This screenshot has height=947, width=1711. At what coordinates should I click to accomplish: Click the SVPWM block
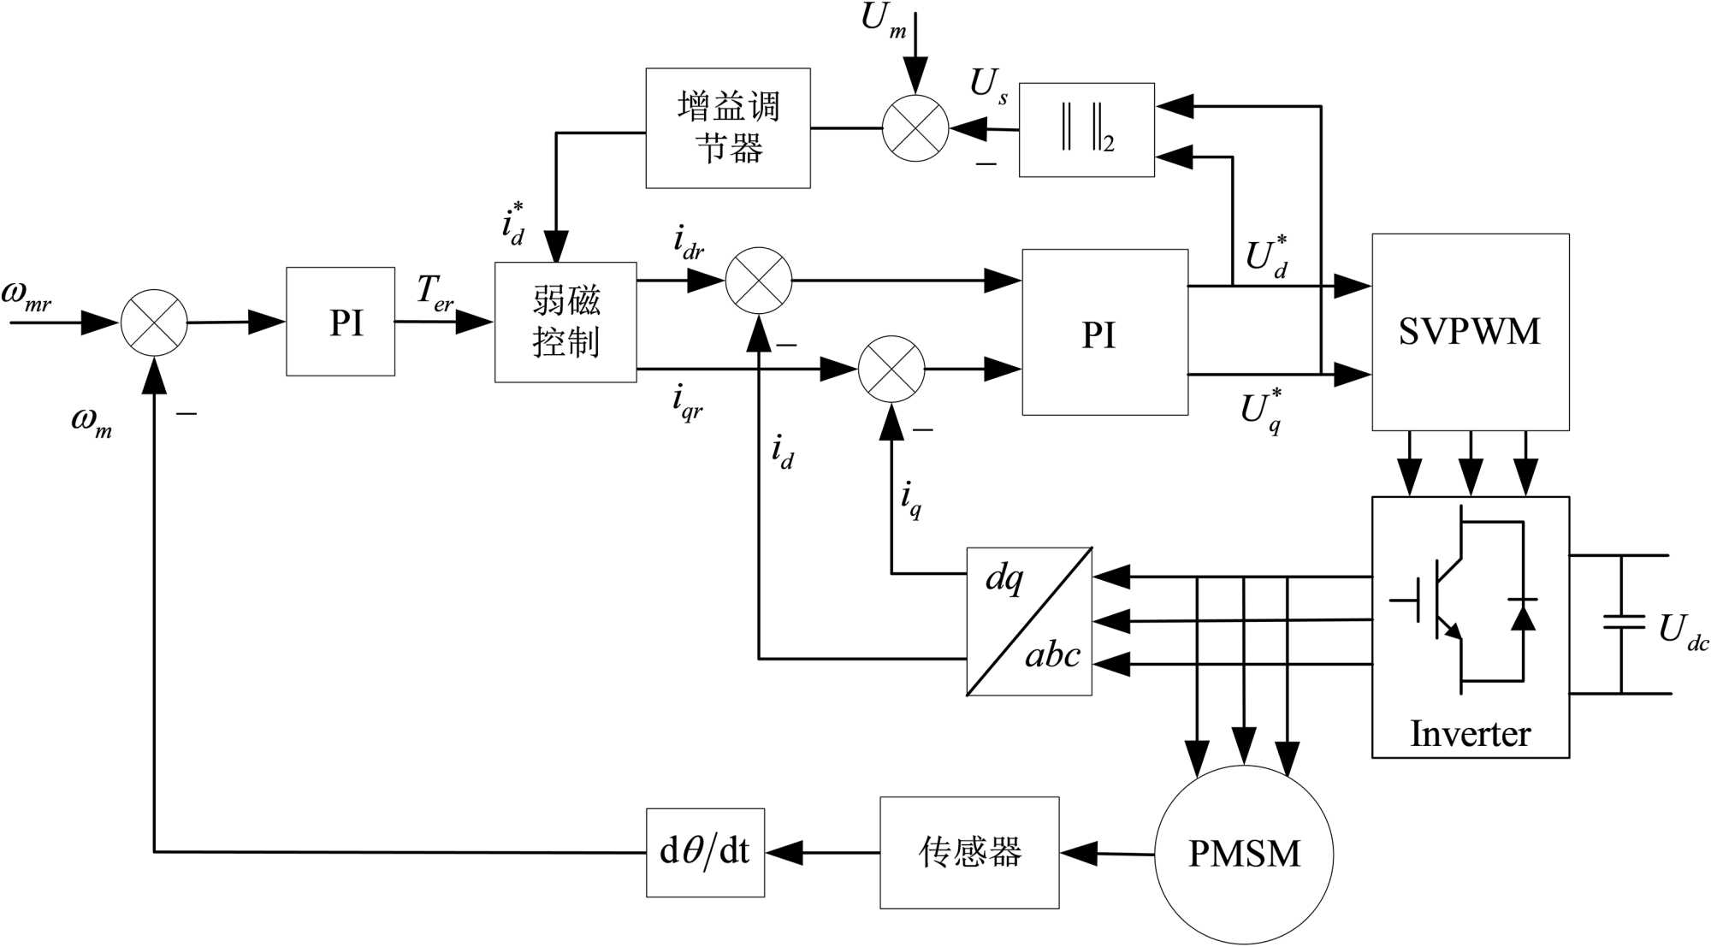1470,332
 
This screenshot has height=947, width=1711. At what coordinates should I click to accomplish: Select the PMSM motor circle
1243,854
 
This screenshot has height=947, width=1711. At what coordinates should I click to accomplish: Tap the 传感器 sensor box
969,852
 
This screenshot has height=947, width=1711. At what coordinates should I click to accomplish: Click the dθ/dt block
705,852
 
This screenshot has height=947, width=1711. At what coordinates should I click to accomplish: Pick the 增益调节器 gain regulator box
728,128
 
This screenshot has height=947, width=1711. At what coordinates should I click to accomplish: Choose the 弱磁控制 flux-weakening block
565,322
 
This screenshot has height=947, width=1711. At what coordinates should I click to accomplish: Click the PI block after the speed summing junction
340,322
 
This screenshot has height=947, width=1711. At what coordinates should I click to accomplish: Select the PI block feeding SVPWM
1104,333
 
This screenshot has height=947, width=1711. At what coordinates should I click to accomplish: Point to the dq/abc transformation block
1029,621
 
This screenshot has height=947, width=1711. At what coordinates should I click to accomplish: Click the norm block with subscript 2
1086,130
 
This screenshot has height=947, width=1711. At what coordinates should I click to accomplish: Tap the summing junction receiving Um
915,128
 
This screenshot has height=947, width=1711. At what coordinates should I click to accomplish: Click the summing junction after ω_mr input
154,323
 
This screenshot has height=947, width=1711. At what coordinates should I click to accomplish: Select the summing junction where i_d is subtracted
759,281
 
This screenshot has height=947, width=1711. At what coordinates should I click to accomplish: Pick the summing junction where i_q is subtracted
891,369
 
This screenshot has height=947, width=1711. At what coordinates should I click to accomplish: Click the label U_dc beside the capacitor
1681,631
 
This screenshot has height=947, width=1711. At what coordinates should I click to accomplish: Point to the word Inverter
1470,734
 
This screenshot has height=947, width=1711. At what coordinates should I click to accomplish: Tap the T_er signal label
435,293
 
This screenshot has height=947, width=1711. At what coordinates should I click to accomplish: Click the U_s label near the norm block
989,86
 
